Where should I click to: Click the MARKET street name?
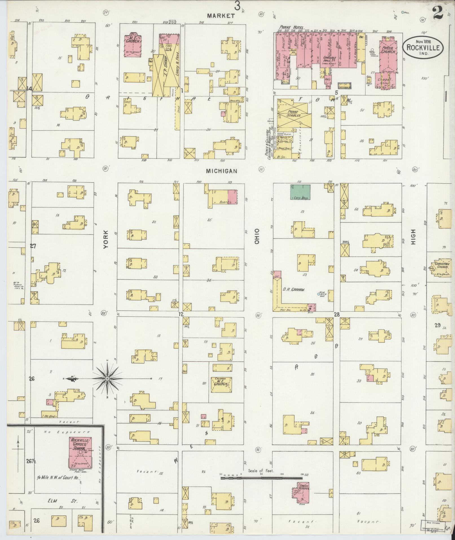[x=221, y=16]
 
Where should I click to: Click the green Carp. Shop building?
[x=300, y=192]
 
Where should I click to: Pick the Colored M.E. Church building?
[x=222, y=384]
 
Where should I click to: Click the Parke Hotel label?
[x=291, y=27]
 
